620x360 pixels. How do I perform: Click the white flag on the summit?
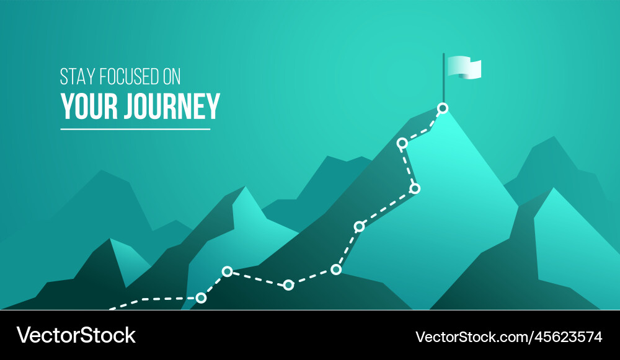[464, 67]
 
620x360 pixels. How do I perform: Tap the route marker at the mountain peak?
[443, 108]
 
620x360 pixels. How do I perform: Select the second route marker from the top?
[402, 143]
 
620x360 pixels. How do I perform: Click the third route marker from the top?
[415, 188]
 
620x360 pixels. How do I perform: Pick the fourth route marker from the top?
[359, 226]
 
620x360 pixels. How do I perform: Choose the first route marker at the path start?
[201, 298]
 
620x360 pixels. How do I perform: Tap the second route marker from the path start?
[227, 271]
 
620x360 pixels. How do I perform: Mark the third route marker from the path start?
[288, 285]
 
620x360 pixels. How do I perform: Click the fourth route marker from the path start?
[336, 269]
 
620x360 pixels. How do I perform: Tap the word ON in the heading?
[171, 76]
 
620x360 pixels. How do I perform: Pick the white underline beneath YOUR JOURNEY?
[135, 129]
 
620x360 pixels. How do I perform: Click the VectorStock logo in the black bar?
[76, 335]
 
